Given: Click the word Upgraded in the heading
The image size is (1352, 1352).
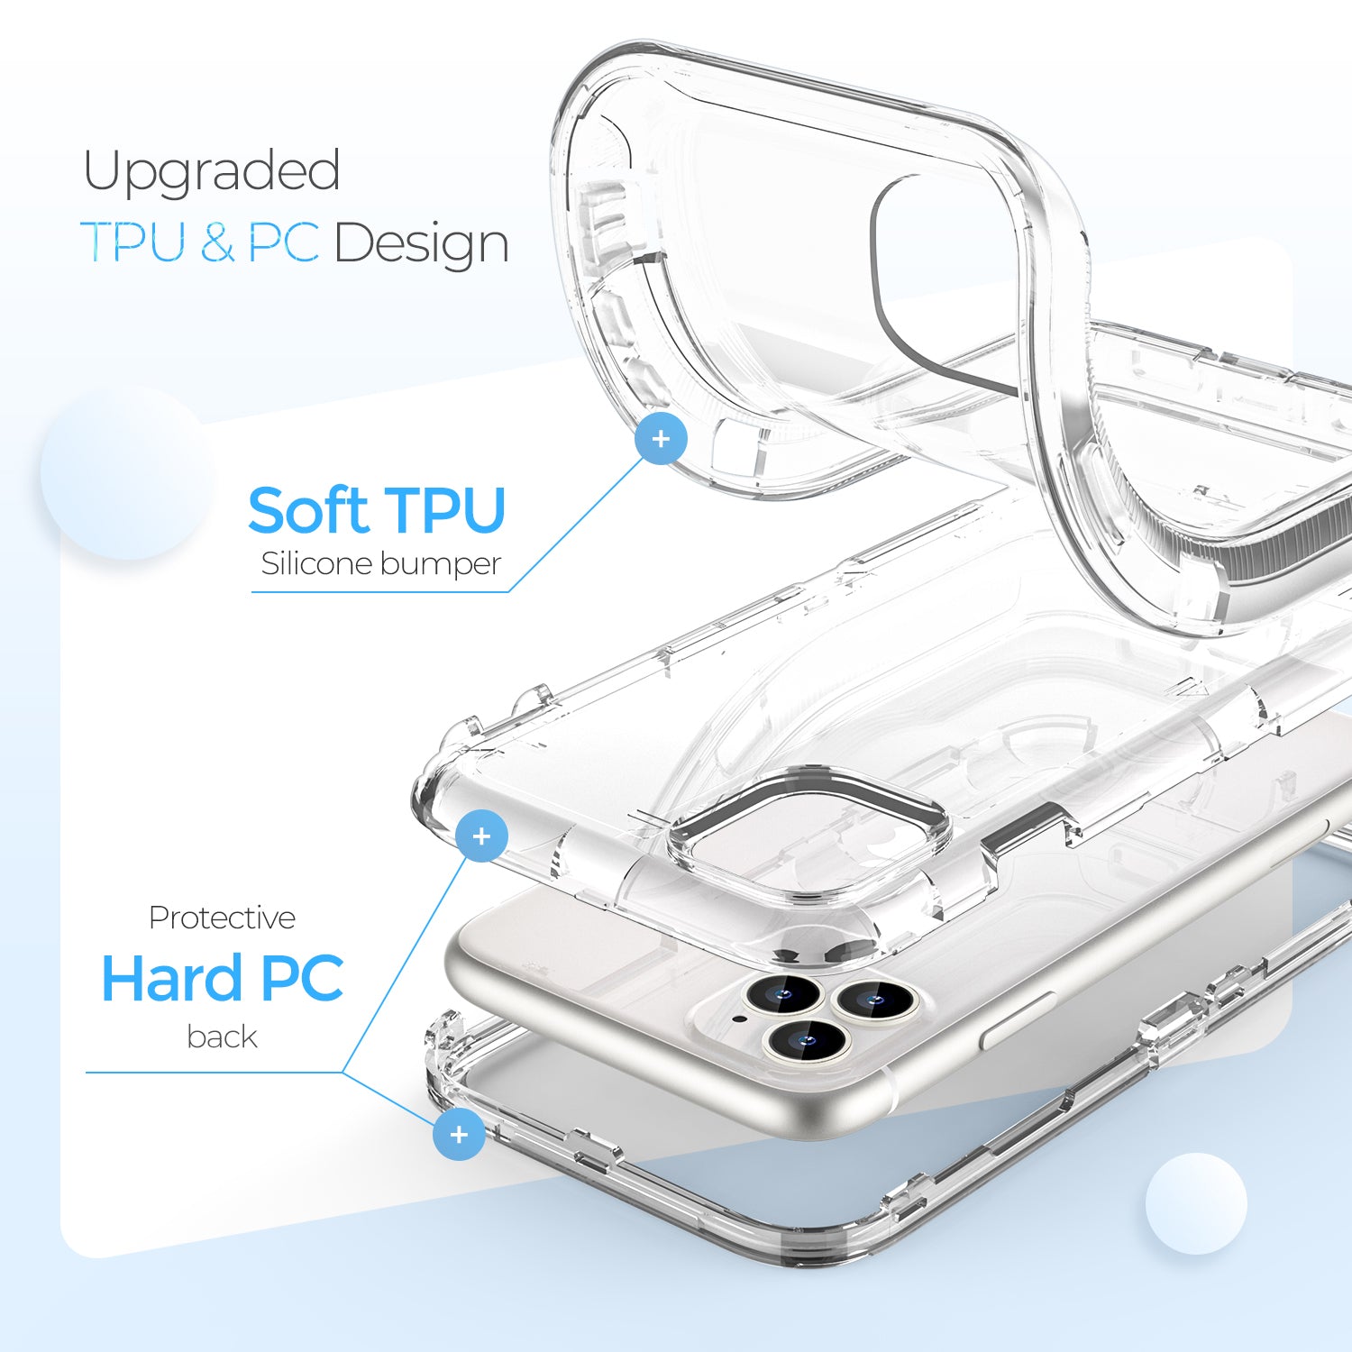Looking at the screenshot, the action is tap(212, 172).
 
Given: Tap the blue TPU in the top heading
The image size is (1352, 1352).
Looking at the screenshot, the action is tap(134, 242).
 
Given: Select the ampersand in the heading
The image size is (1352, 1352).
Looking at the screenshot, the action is tap(217, 242).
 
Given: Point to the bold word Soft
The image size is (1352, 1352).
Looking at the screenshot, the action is tap(307, 510).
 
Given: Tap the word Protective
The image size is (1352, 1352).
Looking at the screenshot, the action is tap(222, 918).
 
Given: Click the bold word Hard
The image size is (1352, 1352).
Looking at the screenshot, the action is tap(172, 978).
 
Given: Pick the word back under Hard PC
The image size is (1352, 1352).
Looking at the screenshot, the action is tap(222, 1037).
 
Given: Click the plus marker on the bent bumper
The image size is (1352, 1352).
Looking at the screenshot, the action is tap(661, 439).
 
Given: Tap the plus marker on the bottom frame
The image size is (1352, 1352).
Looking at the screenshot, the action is tap(459, 1134).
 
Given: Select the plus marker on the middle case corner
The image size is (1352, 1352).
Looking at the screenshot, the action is tap(481, 836).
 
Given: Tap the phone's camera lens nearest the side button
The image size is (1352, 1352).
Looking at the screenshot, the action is tap(872, 998).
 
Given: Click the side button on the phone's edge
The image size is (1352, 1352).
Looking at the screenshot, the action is tap(1017, 1021).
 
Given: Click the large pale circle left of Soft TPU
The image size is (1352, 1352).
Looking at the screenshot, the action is tap(126, 472).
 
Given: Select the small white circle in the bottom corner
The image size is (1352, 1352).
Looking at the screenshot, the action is tap(1196, 1202).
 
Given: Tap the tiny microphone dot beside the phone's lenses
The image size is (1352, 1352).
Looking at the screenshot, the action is tap(740, 1019).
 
